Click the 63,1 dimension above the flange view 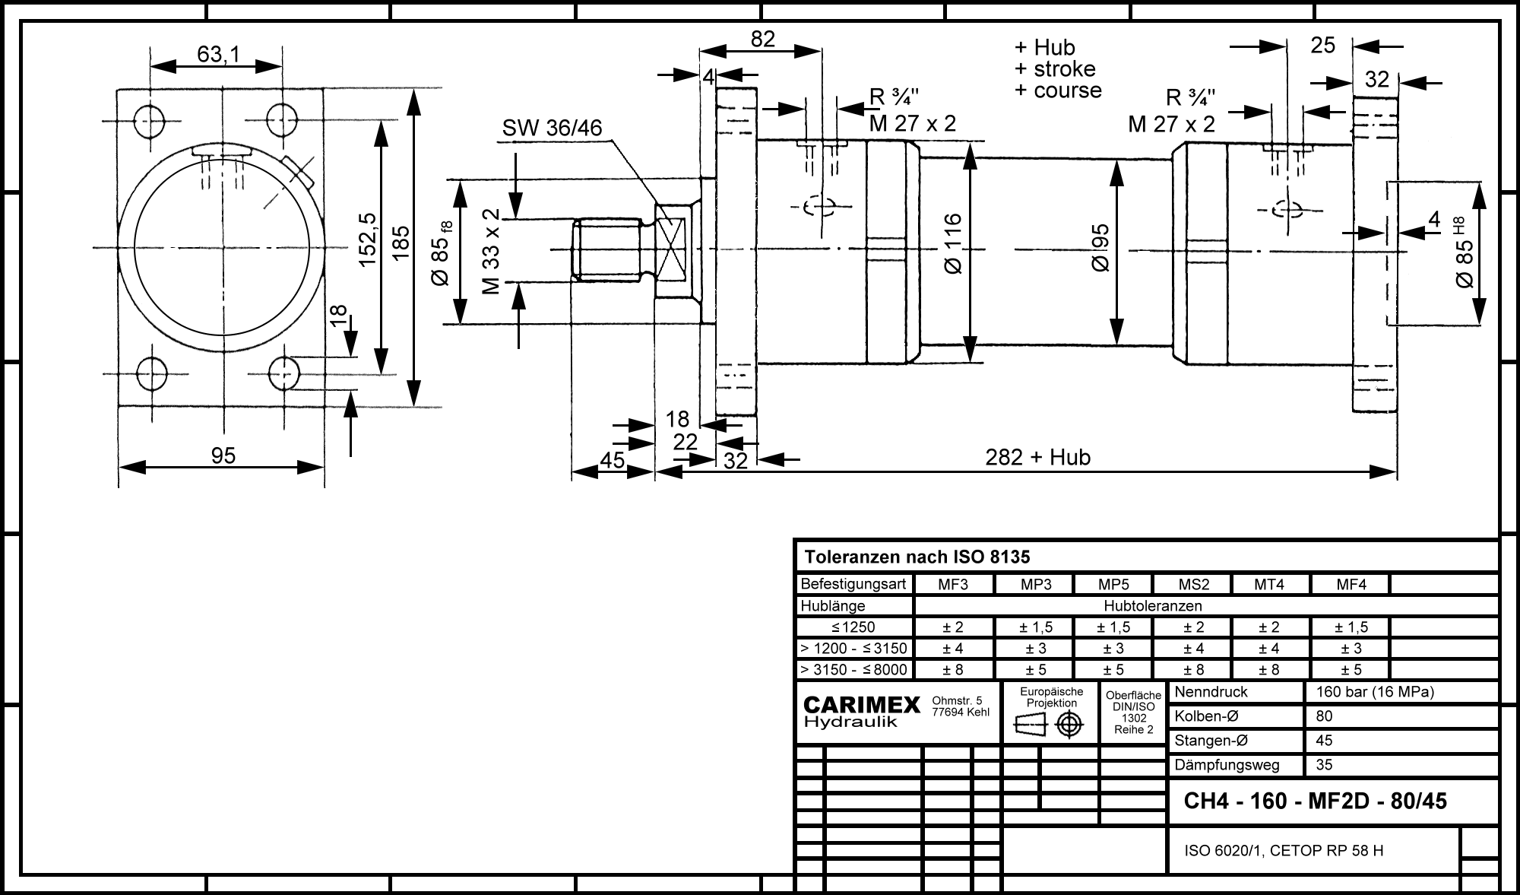(218, 55)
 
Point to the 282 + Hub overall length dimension (1037, 457)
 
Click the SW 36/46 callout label (552, 129)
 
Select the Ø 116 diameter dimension (952, 244)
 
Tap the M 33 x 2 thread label (491, 251)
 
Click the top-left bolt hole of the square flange (150, 119)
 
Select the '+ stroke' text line (1055, 69)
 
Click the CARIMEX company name (862, 706)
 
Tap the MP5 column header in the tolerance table (1113, 585)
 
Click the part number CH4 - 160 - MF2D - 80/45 (1316, 801)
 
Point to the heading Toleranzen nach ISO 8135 (917, 557)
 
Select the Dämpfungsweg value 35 (1324, 765)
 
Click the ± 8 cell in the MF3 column (953, 670)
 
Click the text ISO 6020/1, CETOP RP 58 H (1284, 851)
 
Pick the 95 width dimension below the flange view (223, 455)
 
